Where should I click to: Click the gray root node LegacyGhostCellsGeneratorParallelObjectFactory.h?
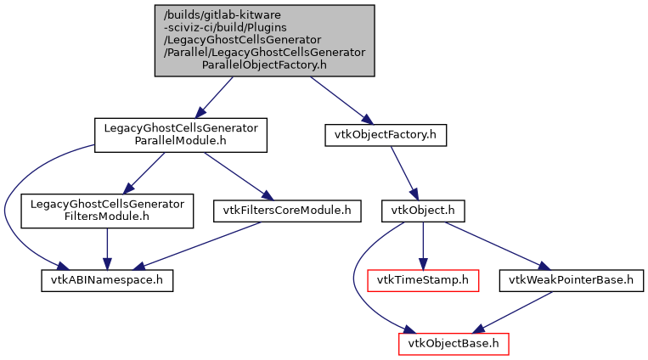pyautogui.click(x=263, y=41)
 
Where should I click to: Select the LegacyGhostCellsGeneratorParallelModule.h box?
pyautogui.click(x=180, y=135)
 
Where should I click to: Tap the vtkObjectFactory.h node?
pyautogui.click(x=386, y=134)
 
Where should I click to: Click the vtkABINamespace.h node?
pyautogui.click(x=107, y=279)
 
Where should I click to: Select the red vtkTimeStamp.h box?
pyautogui.click(x=423, y=279)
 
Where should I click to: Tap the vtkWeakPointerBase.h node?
pyautogui.click(x=572, y=279)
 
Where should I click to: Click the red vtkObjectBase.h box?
pyautogui.click(x=454, y=344)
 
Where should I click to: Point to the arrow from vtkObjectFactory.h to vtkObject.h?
pyautogui.click(x=403, y=172)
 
